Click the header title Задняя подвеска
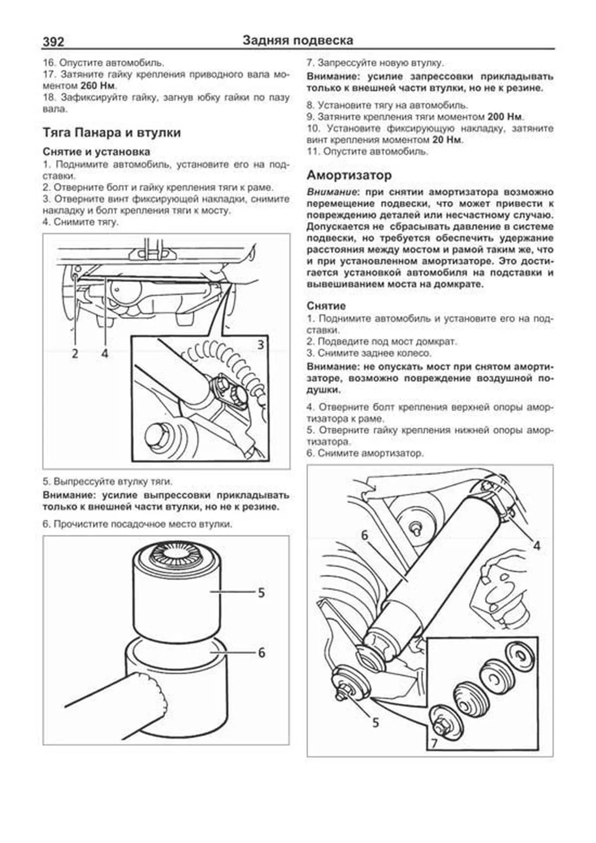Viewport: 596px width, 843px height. (x=298, y=40)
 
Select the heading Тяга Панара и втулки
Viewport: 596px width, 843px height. (x=112, y=133)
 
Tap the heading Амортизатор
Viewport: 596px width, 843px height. (x=349, y=175)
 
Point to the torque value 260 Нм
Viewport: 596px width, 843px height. (x=98, y=85)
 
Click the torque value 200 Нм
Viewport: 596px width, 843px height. (x=505, y=117)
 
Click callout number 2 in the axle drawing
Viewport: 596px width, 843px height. (x=75, y=353)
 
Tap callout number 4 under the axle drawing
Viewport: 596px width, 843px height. (x=104, y=353)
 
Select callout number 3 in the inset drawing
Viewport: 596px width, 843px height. (x=260, y=344)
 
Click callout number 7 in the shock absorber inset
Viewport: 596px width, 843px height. (x=434, y=743)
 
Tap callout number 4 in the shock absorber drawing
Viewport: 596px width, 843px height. (x=537, y=545)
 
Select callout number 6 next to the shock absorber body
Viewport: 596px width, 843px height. (x=365, y=535)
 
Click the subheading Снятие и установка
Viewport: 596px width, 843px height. (x=96, y=152)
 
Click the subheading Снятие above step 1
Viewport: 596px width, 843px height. (x=326, y=306)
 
